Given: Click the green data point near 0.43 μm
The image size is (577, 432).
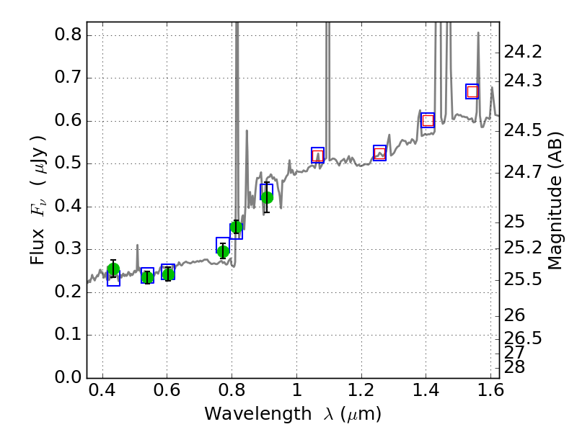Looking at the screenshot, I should pos(113,269).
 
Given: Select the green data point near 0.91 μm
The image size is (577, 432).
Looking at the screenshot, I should pos(267,197).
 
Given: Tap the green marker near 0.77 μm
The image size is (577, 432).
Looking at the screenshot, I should pos(223,251).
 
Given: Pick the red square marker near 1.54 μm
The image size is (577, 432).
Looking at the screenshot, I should pos(472,91).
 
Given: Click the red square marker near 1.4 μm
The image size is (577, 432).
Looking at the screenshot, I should pos(428,120).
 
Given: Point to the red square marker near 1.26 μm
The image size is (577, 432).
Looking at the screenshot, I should pos(380,153).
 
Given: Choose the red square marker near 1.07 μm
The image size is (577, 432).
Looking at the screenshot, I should pos(318,155).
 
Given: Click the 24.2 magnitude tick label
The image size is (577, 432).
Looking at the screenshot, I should pos(523,52).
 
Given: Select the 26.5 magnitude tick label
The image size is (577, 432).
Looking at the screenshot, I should pos(523,338).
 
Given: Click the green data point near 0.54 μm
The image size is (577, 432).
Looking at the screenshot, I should pos(147,277).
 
